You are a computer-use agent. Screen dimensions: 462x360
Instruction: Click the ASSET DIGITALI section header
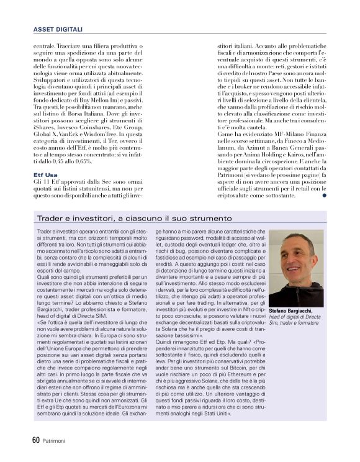pyautogui.click(x=58, y=29)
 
